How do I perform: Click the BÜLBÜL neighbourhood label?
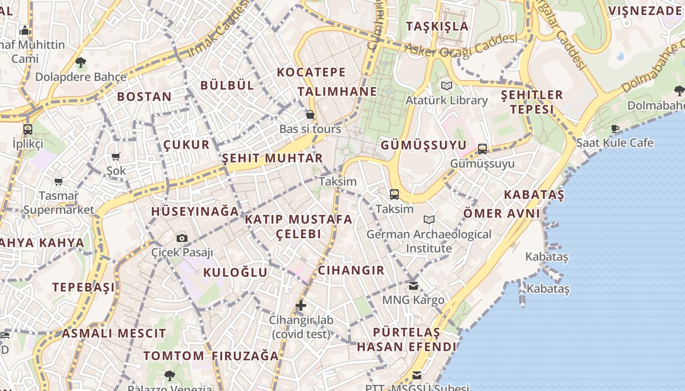(228, 85)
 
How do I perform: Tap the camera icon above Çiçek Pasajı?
(182, 238)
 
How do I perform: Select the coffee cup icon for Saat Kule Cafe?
(615, 129)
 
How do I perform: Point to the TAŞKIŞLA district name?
(437, 26)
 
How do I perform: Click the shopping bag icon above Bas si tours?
(310, 115)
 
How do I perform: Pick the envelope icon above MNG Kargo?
(413, 285)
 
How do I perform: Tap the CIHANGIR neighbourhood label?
(351, 270)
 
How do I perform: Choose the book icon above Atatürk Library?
(447, 86)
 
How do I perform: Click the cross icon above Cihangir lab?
(301, 306)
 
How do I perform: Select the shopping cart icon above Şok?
(116, 157)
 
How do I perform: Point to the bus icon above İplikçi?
(28, 130)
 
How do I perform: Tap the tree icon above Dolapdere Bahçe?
(81, 63)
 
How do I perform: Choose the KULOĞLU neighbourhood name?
(235, 272)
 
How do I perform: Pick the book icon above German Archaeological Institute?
(429, 220)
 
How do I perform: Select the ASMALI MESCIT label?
(114, 334)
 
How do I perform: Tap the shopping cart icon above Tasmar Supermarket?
(59, 182)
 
